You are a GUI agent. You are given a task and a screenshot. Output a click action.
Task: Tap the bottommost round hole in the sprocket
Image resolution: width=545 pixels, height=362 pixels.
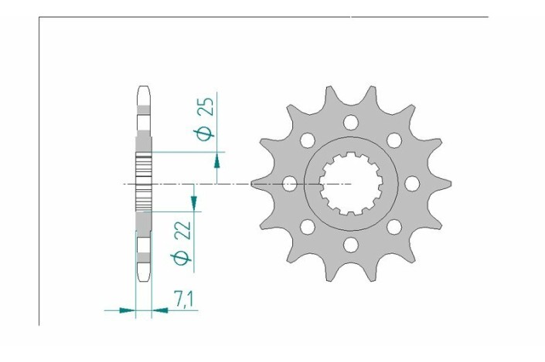click(350, 245)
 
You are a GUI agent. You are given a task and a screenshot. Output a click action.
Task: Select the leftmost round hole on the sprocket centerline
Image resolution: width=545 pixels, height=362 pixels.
click(290, 184)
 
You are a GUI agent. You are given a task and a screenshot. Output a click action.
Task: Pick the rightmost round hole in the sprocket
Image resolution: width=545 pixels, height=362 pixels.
click(411, 184)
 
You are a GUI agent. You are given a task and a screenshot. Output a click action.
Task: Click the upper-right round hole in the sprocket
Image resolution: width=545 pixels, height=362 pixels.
click(393, 140)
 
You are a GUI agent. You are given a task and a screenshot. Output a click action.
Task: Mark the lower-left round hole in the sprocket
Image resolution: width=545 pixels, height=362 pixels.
click(308, 227)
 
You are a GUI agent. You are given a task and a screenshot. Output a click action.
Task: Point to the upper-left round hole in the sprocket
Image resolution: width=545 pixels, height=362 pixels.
click(308, 140)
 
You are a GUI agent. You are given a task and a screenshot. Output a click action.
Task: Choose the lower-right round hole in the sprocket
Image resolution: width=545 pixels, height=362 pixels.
click(393, 227)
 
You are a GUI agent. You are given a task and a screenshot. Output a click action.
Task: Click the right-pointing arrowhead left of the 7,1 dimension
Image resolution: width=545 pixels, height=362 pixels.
click(129, 310)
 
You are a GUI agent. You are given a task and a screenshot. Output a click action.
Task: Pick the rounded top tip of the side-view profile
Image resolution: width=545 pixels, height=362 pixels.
click(143, 87)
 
